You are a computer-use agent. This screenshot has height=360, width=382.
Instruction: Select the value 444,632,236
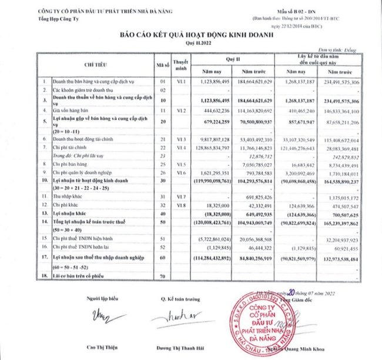(216, 110)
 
